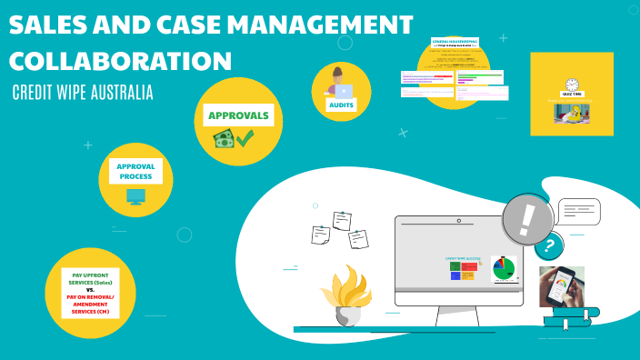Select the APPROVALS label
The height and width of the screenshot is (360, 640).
point(238,115)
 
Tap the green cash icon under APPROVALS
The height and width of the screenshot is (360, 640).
point(223,139)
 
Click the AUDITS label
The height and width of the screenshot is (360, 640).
point(342,105)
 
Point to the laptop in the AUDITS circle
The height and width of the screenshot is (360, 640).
point(345,91)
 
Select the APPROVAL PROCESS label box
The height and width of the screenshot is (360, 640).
point(135,171)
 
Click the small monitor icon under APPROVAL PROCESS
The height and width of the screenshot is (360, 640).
point(135,196)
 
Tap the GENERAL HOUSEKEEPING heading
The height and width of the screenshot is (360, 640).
point(454,43)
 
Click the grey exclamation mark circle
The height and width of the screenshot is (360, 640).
point(528,219)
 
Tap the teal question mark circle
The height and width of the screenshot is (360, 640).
point(548,245)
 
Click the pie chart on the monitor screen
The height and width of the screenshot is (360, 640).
point(503,268)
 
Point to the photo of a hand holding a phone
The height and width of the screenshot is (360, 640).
point(561,285)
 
